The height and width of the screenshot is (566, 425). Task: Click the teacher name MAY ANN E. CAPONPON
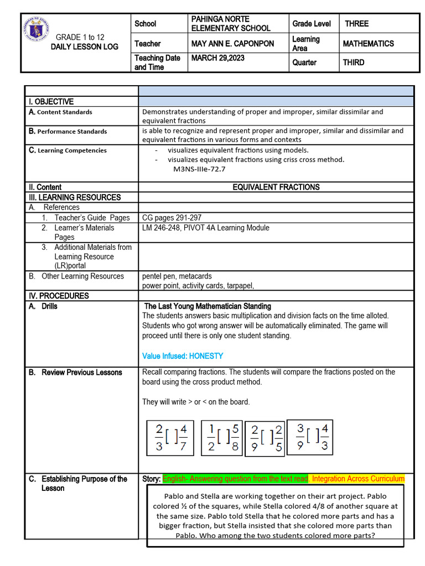pos(232,44)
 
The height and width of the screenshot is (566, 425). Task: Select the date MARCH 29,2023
pos(217,57)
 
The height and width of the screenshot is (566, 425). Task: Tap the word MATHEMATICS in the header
pos(368,44)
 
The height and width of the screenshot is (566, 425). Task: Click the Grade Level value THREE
pos(356,24)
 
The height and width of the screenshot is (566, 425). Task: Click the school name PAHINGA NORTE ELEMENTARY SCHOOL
pos(230,24)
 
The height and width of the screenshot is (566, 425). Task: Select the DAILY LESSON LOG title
pos(84,47)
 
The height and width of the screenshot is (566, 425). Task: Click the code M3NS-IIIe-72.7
pos(199,170)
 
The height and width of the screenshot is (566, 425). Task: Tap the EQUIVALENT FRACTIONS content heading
pos(276,187)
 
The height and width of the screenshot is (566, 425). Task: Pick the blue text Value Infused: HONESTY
pos(183,356)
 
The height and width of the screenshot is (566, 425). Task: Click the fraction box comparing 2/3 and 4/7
pos(169,438)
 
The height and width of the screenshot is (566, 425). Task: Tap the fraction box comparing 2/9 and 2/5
pos(265,439)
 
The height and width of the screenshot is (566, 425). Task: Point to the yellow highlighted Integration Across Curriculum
pos(358,479)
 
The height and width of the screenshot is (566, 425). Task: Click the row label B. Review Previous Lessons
pos(75,373)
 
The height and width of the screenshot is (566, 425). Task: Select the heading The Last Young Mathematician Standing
pos(208,306)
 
